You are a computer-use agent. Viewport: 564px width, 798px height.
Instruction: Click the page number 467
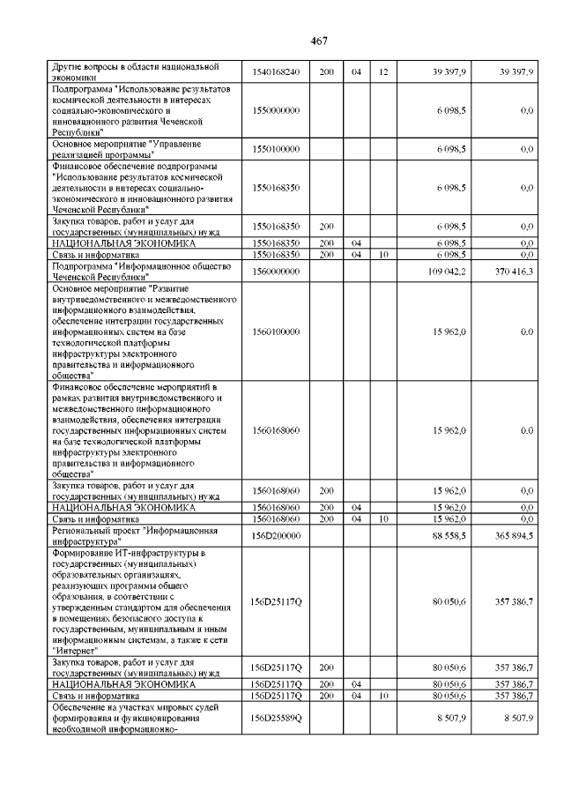(319, 41)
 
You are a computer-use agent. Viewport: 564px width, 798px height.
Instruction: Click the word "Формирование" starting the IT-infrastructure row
(84, 553)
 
